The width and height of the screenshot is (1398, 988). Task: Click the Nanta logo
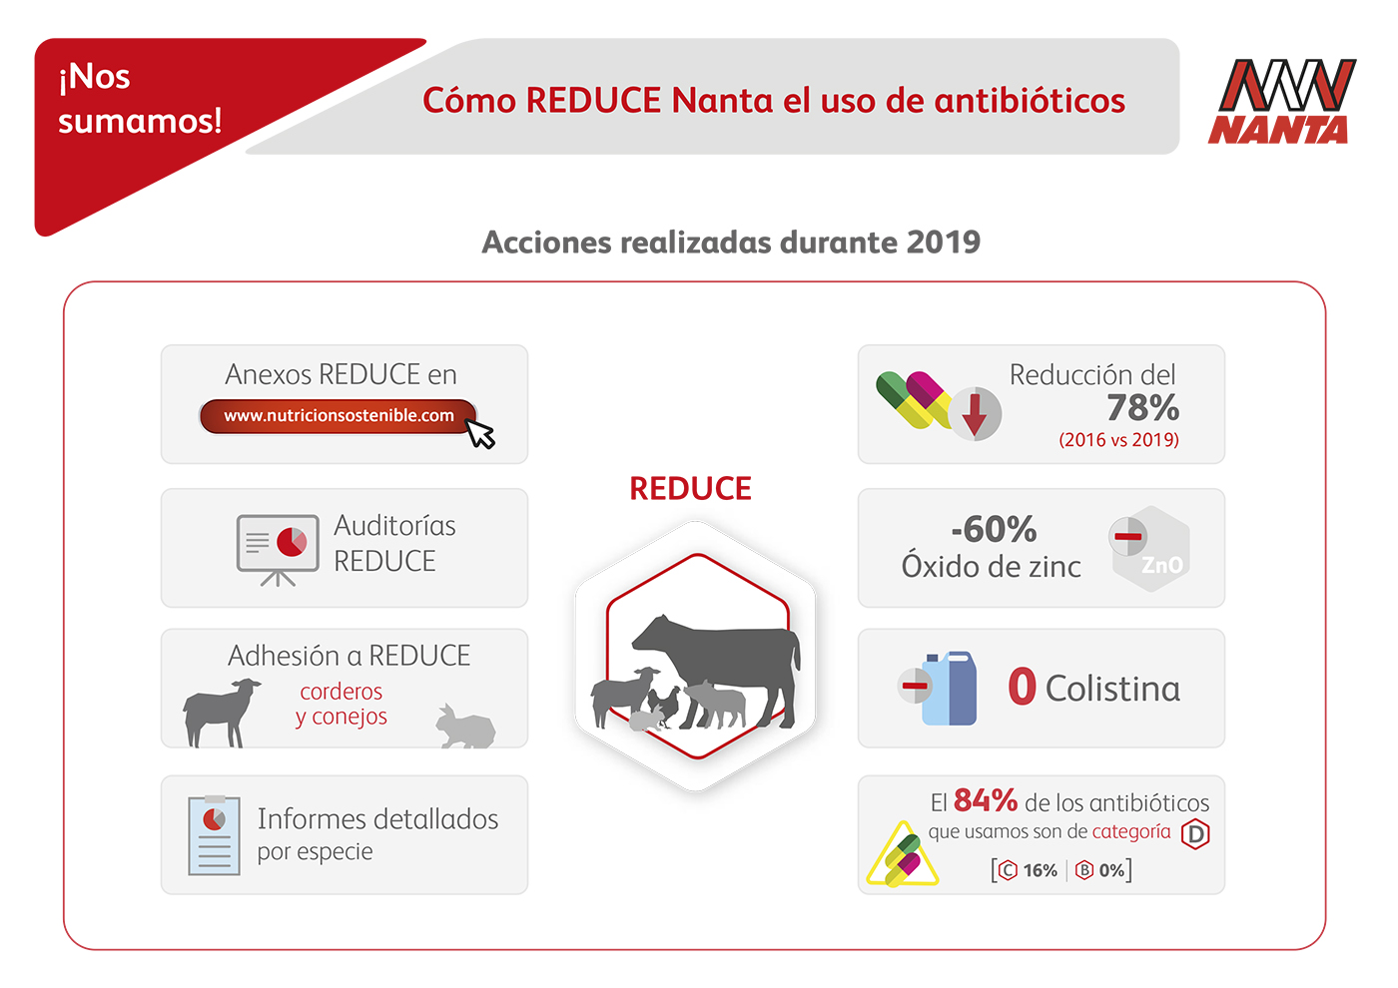coord(1281,101)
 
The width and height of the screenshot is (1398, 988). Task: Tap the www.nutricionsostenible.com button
coord(339,416)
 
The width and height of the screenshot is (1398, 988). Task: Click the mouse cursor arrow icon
coord(480,433)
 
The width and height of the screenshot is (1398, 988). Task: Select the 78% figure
coord(1142,407)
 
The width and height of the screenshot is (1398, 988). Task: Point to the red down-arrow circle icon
coord(975,413)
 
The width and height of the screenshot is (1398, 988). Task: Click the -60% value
coord(994,529)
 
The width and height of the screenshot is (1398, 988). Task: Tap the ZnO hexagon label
coord(1161,565)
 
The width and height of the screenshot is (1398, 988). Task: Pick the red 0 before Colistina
coord(1022,686)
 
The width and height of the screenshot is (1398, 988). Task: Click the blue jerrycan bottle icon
coord(950,689)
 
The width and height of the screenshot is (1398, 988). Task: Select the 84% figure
coord(986,800)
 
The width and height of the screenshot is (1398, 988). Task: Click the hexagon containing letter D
coord(1195,834)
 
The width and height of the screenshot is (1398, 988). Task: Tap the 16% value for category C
coord(1040,870)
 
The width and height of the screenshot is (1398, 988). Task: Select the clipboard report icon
coord(214,835)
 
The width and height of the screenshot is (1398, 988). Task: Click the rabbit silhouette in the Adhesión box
coord(465,727)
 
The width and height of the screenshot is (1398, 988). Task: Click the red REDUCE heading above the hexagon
coord(690,488)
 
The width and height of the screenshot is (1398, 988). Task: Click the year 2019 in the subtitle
coord(943,242)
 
